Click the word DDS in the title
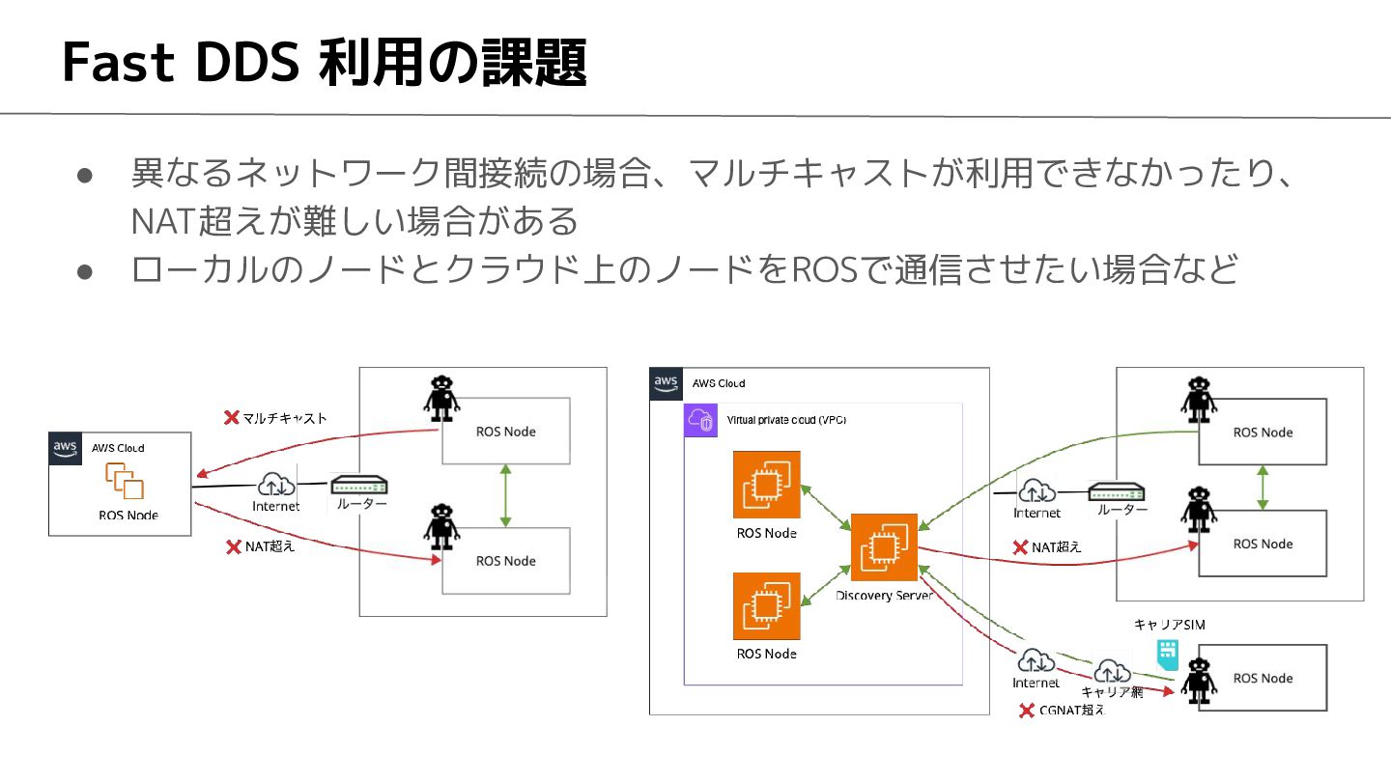(x=247, y=62)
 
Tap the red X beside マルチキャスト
(x=232, y=418)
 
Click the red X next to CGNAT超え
(x=1027, y=710)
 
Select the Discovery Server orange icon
(x=884, y=546)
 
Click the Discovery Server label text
(x=884, y=596)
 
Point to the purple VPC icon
(x=700, y=420)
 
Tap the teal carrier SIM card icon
(x=1168, y=656)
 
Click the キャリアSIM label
(x=1169, y=625)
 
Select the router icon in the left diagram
(x=359, y=485)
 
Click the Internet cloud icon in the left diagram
(x=276, y=484)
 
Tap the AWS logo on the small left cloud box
(x=66, y=449)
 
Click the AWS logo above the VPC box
(x=666, y=383)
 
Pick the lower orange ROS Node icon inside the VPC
(x=766, y=606)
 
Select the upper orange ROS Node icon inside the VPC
(x=766, y=485)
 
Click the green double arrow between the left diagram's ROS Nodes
(x=505, y=496)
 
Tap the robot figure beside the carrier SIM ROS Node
(x=1199, y=681)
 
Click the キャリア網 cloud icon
(x=1112, y=672)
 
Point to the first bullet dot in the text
(x=85, y=176)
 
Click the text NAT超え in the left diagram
(x=270, y=546)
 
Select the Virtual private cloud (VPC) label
(x=786, y=420)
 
